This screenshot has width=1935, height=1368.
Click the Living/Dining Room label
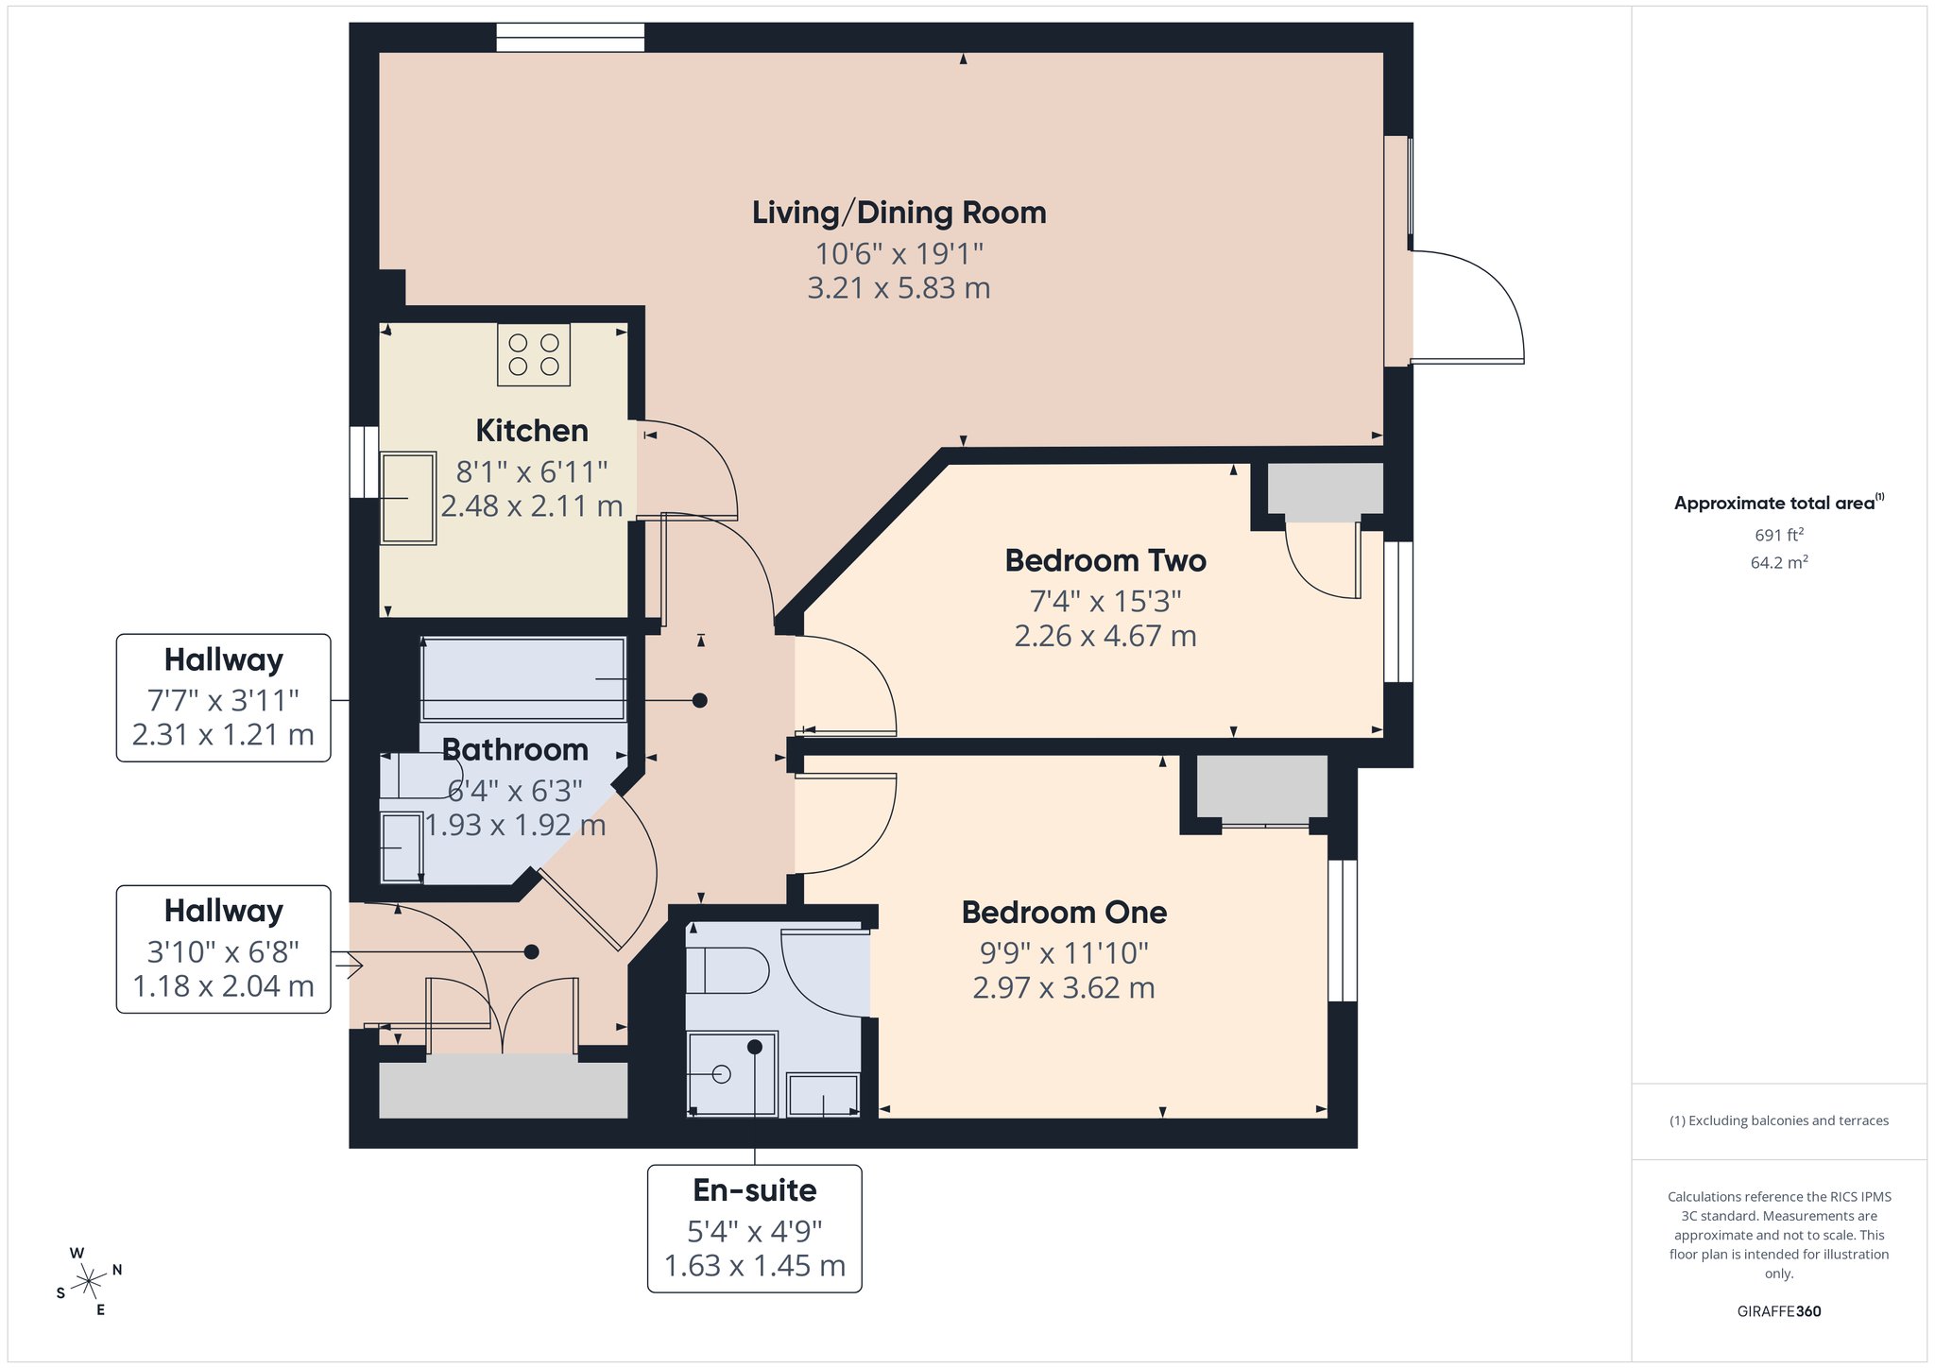899,213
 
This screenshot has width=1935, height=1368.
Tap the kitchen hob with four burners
534,354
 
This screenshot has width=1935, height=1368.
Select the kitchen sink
408,498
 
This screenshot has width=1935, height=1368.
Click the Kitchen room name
532,431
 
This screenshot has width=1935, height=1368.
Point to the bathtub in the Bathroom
522,680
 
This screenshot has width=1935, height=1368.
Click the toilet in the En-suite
727,970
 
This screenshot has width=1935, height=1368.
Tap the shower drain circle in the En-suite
722,1074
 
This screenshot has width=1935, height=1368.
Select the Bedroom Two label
1105,560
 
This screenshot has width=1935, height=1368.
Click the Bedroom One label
1064,913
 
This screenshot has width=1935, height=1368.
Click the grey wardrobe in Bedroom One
1262,788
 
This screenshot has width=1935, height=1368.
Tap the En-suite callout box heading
755,1190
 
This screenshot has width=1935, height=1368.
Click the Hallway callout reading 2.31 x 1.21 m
224,697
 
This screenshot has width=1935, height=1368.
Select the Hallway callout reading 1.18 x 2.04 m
224,949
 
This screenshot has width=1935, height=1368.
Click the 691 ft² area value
1779,535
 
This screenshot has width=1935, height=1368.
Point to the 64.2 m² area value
1779,562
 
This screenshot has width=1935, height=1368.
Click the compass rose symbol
89,1281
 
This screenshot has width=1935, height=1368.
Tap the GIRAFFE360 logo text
1779,1311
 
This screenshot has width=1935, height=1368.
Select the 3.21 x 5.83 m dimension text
899,288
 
